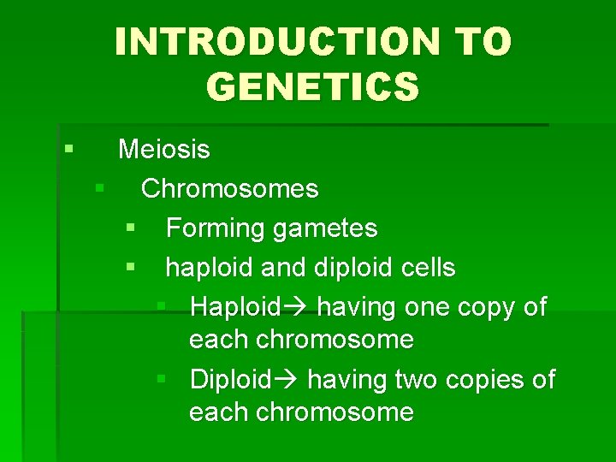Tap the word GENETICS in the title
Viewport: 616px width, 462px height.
[x=313, y=86]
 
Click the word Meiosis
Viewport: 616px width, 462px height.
[x=163, y=150]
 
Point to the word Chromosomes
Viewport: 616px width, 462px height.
[x=229, y=189]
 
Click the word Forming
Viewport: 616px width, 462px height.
[x=215, y=228]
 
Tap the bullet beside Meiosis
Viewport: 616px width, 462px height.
[x=68, y=149]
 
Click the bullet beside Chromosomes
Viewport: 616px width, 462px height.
[x=100, y=187]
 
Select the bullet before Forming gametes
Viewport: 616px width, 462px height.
[x=130, y=228]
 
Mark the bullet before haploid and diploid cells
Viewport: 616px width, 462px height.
[x=130, y=267]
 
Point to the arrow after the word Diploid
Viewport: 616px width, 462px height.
[x=284, y=379]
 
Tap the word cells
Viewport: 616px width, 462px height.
[x=427, y=268]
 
